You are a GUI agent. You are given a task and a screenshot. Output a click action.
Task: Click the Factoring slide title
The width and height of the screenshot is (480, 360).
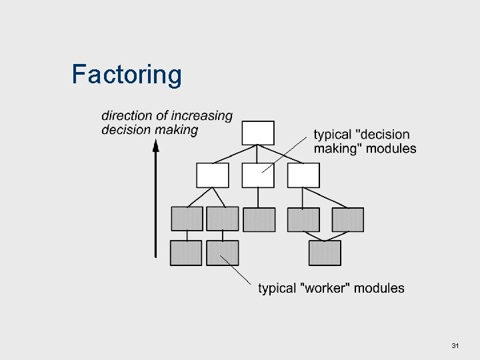127,75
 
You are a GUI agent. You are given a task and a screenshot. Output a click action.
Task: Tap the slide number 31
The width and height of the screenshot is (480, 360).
455,345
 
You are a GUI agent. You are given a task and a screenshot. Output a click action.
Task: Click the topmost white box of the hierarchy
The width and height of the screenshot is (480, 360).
258,133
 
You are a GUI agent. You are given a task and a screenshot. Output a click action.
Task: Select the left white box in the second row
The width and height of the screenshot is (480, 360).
213,175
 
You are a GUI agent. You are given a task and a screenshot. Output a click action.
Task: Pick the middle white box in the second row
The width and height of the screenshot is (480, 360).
258,175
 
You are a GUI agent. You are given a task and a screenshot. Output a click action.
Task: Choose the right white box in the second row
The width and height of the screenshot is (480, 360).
303,175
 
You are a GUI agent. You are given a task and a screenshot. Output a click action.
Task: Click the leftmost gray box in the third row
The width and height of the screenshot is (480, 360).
187,219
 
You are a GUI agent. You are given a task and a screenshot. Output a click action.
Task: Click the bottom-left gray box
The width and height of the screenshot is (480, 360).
186,253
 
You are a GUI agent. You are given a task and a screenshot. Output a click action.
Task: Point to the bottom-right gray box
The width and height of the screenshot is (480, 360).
325,253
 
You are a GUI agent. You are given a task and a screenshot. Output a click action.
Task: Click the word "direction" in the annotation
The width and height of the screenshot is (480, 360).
126,116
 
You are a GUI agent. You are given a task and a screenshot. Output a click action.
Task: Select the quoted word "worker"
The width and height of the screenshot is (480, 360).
325,288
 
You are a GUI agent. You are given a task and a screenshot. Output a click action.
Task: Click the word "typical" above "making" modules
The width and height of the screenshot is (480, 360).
333,135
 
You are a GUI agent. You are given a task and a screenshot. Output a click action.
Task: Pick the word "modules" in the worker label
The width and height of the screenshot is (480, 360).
379,288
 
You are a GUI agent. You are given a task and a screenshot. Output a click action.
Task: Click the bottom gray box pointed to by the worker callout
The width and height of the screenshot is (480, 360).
223,253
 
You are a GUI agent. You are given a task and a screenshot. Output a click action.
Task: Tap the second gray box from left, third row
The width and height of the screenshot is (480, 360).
223,219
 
